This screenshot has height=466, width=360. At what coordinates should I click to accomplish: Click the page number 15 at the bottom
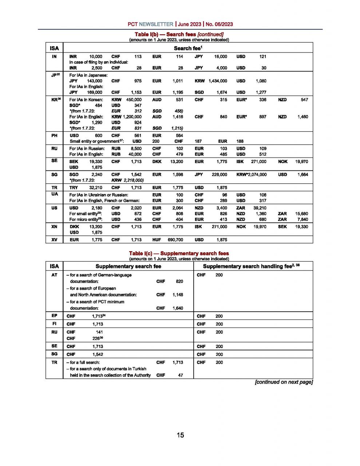180,435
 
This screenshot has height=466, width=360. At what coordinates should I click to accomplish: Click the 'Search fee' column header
187,48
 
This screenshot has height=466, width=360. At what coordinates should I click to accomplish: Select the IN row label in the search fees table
54,56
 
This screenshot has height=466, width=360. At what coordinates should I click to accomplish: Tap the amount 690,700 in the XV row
175,240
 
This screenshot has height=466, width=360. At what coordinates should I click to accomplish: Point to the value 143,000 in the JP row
95,81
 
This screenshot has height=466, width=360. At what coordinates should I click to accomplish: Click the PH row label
54,135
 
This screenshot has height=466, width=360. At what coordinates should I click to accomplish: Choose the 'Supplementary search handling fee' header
251,266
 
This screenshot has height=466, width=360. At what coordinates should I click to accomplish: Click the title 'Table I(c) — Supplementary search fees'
179,253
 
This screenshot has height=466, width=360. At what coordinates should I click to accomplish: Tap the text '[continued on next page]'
284,382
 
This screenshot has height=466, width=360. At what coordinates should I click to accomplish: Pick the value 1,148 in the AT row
178,295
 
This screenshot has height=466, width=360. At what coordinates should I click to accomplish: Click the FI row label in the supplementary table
54,324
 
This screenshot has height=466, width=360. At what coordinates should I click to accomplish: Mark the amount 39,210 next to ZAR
260,208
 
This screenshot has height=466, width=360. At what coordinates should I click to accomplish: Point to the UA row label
54,194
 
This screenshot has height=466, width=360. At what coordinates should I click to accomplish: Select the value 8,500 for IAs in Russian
135,149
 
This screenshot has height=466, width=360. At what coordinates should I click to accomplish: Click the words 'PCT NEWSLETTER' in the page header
150,24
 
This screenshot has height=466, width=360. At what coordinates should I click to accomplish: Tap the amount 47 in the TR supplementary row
181,375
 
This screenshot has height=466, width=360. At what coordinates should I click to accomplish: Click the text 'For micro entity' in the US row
83,220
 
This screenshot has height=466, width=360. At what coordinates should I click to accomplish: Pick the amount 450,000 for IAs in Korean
134,100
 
